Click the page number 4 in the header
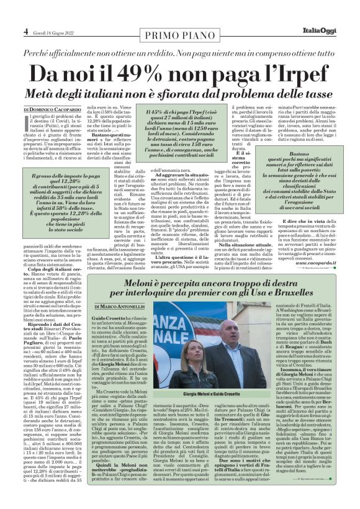(x=25, y=30)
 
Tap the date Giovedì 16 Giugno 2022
(x=56, y=31)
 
